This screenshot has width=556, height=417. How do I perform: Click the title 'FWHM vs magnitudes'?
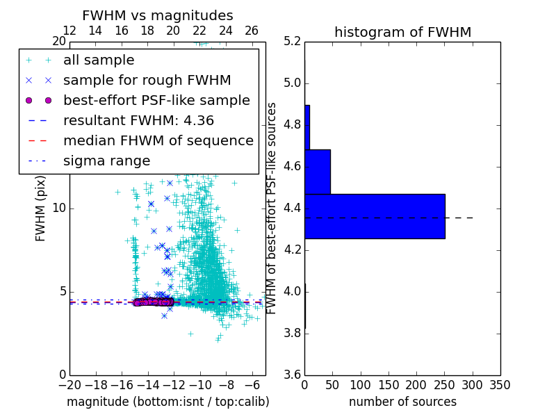(157, 15)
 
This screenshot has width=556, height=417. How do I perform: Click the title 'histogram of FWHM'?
(402, 32)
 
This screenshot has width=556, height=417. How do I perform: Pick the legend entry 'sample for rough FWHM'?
(147, 80)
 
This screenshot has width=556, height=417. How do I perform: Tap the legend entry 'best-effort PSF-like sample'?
(156, 100)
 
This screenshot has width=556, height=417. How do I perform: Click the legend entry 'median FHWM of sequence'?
(158, 140)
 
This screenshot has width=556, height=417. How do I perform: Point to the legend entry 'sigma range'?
(106, 161)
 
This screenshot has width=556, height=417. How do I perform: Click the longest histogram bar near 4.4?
(375, 216)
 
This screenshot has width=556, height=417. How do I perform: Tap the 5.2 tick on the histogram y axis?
(293, 42)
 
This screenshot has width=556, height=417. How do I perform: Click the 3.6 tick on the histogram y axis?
(293, 375)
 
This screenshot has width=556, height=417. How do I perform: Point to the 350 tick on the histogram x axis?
(500, 384)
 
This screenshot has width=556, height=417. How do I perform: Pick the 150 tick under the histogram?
(389, 384)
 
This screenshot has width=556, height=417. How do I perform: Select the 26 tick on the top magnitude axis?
(252, 31)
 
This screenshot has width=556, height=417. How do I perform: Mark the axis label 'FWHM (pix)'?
(41, 208)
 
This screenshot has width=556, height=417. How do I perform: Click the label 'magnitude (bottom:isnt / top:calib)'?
(167, 402)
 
